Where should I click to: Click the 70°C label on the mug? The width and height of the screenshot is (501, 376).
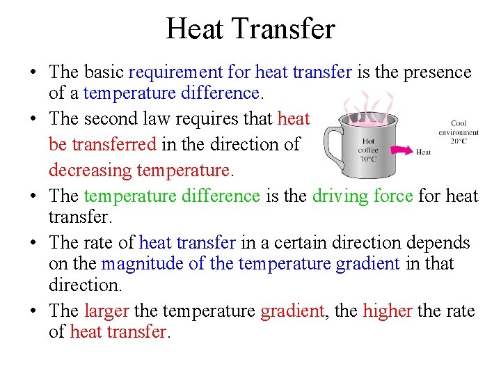coord(368,158)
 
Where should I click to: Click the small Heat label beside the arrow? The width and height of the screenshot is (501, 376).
coord(423,152)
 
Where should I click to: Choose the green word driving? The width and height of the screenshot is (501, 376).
coord(344,196)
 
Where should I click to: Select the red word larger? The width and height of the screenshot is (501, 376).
coord(106,311)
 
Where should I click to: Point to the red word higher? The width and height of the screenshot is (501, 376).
coord(388,311)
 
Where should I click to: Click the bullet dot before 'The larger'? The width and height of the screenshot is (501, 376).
coord(33,311)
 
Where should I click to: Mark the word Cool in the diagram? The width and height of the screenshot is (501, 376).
coord(459,124)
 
